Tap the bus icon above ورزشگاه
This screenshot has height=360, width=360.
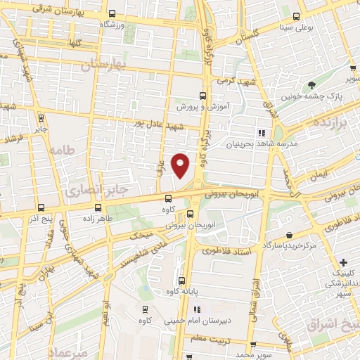coord(113,14)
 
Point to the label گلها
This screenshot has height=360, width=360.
coord(72,43)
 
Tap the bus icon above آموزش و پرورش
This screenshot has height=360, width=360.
coord(202,96)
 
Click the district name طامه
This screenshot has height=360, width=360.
coord(60,150)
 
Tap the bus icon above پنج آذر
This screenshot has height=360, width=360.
coord(40,207)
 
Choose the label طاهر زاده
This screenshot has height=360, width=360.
coord(97,219)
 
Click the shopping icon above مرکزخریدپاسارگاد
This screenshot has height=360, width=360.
coord(289,236)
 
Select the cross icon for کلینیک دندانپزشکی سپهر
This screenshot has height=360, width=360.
coord(342,262)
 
